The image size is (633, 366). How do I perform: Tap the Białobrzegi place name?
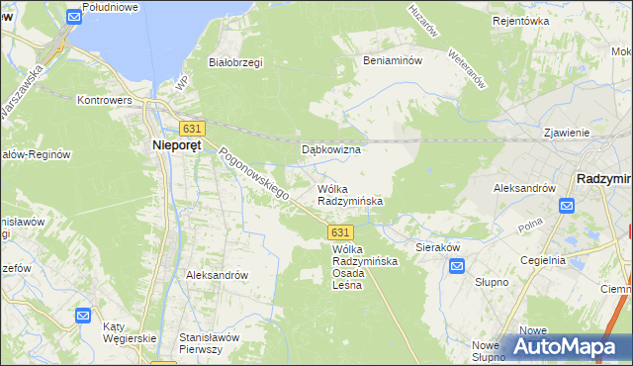[235, 62]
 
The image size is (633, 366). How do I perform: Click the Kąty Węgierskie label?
[131, 333]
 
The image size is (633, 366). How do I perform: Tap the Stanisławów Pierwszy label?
[210, 343]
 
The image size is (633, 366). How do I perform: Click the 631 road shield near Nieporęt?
[192, 129]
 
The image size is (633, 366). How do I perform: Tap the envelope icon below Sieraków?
[457, 266]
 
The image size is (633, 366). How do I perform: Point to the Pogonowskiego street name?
[253, 174]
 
